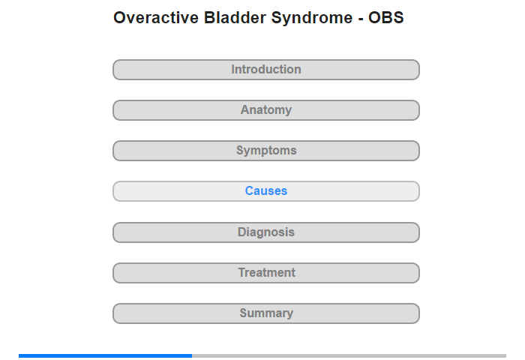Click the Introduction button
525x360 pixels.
click(266, 70)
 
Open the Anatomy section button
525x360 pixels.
click(266, 110)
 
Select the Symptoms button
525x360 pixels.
click(266, 151)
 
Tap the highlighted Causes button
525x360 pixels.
click(266, 191)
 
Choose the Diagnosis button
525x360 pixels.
click(266, 232)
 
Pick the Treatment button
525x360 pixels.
click(266, 273)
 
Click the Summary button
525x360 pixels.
click(266, 313)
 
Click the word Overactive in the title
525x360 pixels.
click(156, 17)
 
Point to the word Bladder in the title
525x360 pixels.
click(235, 17)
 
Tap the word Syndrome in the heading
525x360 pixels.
click(312, 18)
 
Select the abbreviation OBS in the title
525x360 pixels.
click(386, 17)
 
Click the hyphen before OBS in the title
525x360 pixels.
click(361, 19)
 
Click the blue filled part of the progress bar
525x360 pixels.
click(106, 355)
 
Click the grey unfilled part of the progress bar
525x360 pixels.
click(349, 355)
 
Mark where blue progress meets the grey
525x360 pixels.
click(192, 355)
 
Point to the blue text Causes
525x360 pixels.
click(266, 191)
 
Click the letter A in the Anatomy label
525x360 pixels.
click(244, 109)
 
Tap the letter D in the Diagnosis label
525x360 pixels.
click(241, 232)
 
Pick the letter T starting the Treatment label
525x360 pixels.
click(242, 272)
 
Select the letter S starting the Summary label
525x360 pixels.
click(244, 313)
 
